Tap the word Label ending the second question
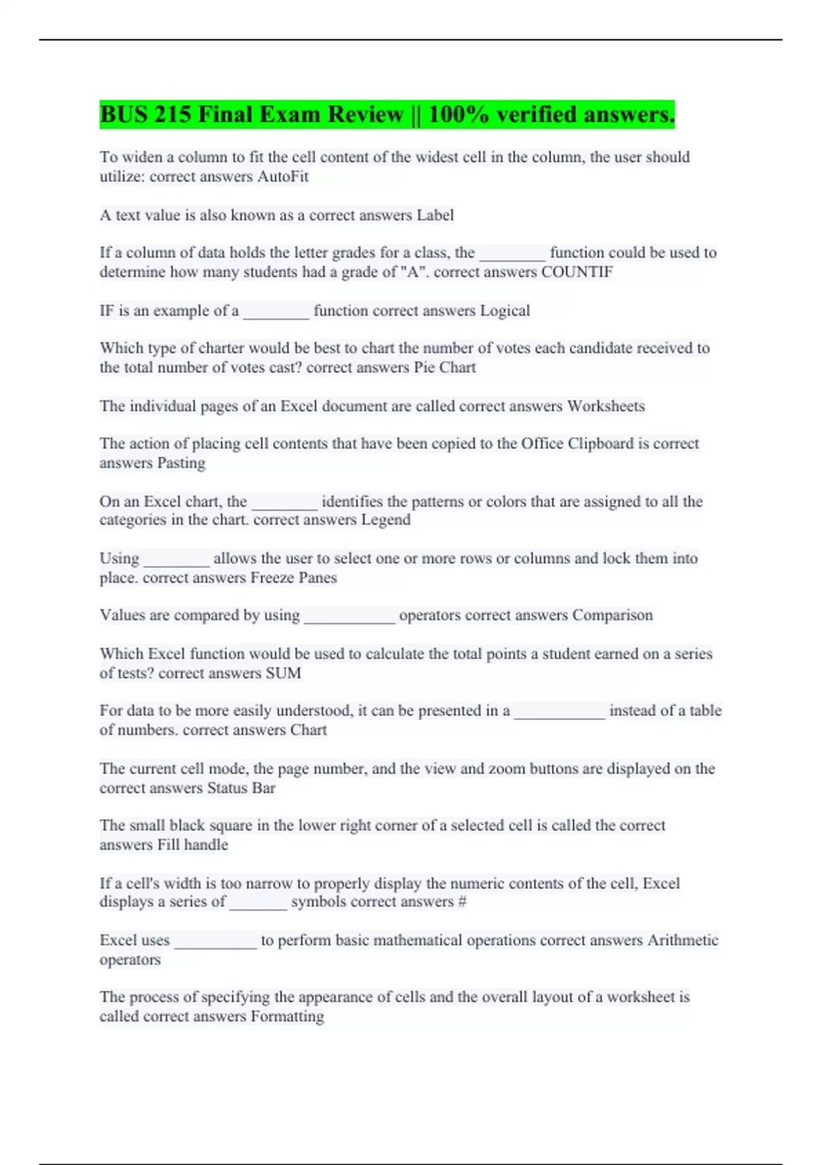click(435, 215)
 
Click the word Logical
click(505, 310)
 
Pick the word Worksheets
click(606, 406)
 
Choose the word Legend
click(386, 519)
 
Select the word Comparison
click(612, 615)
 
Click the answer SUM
click(283, 673)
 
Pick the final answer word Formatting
click(287, 1016)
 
